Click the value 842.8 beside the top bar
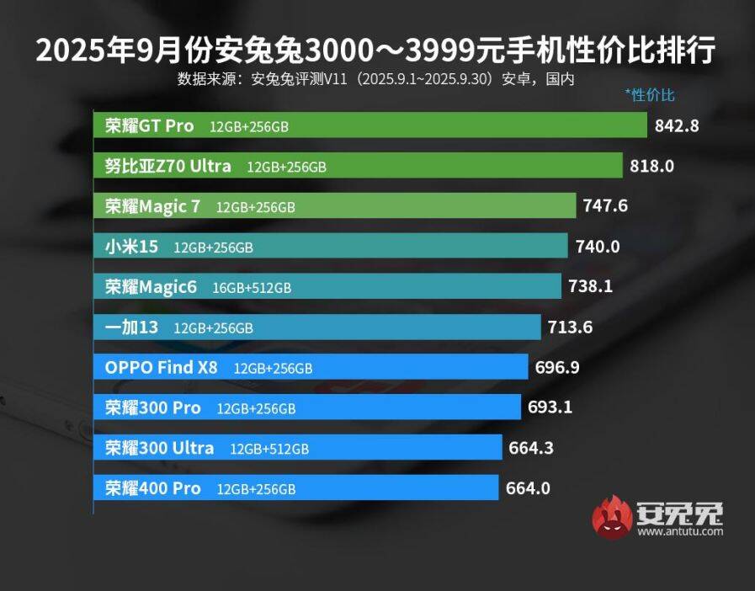pos(677,126)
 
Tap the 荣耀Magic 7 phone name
pos(152,206)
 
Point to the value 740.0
pos(598,247)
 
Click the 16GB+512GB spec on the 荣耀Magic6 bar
pos(252,287)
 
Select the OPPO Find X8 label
pos(162,368)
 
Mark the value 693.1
pos(550,407)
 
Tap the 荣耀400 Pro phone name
pos(152,488)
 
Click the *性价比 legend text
pos(650,95)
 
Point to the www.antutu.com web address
pos(680,531)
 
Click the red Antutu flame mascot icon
pos(612,516)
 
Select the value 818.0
pos(652,167)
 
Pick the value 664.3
pos(531,448)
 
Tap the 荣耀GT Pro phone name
pos(149,126)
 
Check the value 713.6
pos(570,327)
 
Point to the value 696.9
pos(557,368)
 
